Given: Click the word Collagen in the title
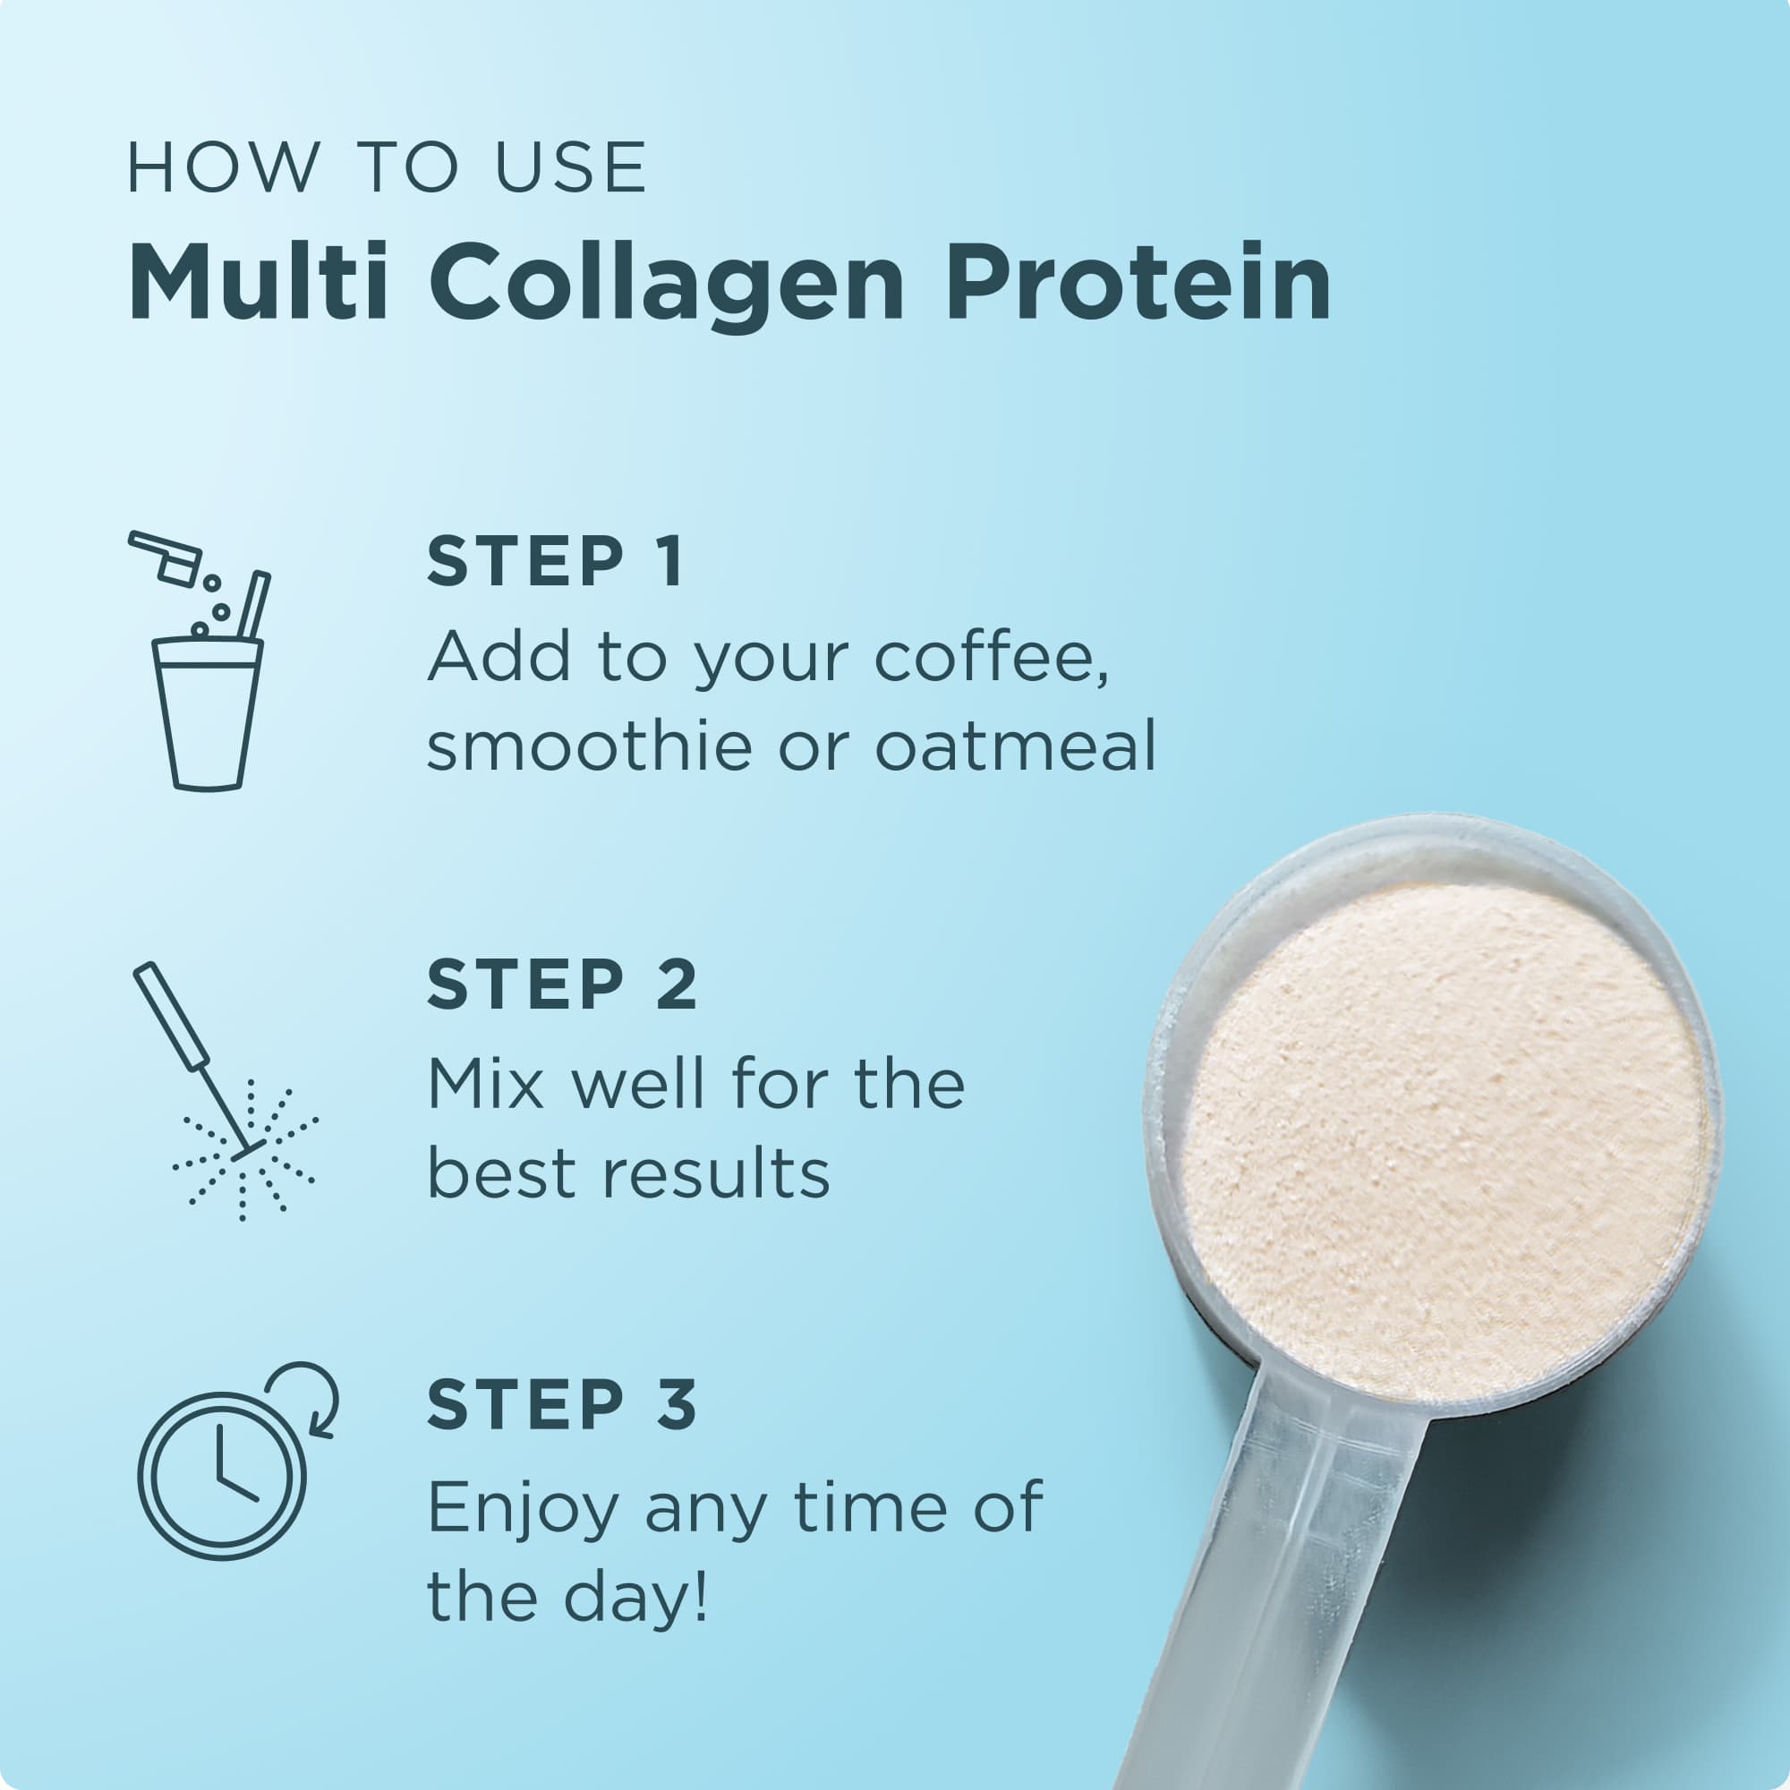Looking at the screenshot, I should [x=665, y=283].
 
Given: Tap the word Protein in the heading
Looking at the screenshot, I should [x=1138, y=283].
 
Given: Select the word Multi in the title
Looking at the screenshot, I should [x=258, y=283].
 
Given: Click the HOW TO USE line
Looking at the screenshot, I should [x=387, y=168].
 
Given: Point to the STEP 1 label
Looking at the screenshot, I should [x=556, y=561].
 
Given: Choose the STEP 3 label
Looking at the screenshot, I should [x=561, y=1404].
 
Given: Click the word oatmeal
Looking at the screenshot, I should [x=1016, y=746].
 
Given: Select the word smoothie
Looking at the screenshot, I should [x=589, y=746].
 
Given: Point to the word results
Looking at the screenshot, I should [x=716, y=1175].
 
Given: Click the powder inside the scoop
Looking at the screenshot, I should [x=1442, y=1139].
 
